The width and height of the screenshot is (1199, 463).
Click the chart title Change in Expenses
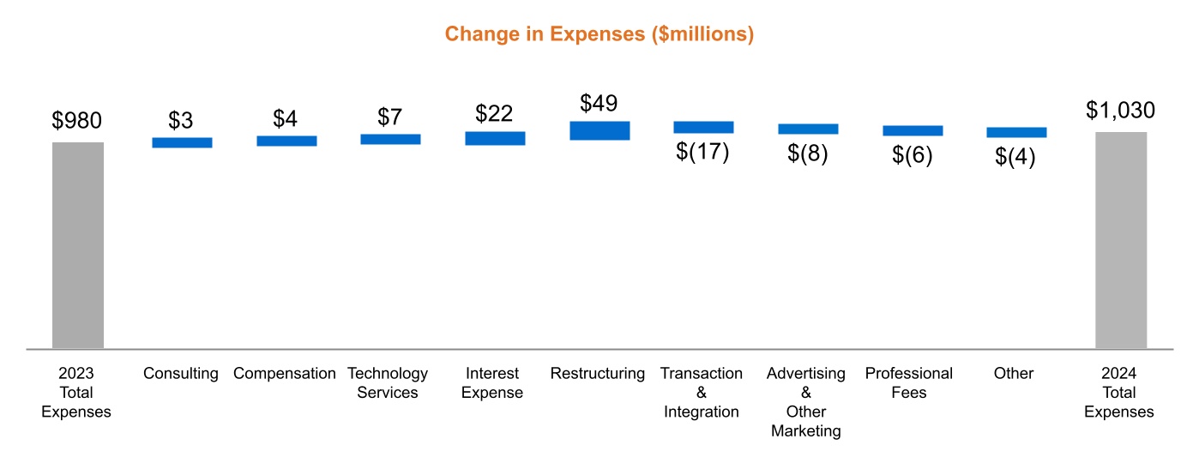tap(599, 34)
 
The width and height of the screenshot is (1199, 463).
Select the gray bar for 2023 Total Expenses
tap(78, 245)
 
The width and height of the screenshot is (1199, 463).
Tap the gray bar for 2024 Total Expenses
tap(1120, 240)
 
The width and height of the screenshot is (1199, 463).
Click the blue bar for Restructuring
tap(599, 130)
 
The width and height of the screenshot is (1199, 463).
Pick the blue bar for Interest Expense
tap(495, 138)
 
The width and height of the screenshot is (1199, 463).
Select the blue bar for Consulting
tap(182, 142)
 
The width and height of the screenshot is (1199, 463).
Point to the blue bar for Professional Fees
tap(913, 130)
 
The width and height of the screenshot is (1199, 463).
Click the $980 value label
tap(77, 121)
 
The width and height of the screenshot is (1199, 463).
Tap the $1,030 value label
tap(1120, 111)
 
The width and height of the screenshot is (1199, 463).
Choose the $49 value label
tap(599, 104)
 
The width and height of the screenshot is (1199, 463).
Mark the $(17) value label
tap(702, 152)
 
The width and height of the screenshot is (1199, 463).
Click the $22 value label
tap(494, 114)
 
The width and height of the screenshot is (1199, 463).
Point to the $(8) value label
tap(807, 154)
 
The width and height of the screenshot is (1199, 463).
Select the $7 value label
tap(390, 117)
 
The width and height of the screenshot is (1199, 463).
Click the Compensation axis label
tap(285, 374)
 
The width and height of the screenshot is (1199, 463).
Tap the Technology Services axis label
tap(388, 383)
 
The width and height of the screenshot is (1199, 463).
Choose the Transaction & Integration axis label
tap(702, 393)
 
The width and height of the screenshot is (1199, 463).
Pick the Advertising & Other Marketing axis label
tap(806, 402)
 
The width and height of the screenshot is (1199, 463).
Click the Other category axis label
tap(1014, 374)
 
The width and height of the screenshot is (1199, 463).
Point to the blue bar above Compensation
tap(286, 141)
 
